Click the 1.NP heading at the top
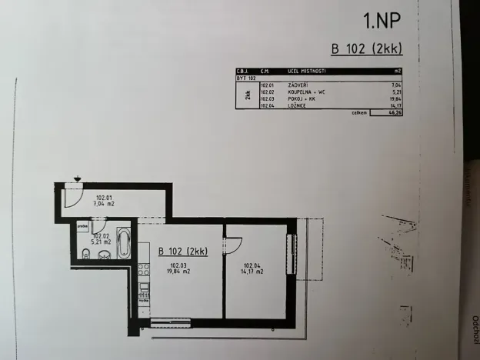click(382, 18)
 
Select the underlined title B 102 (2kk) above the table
click(367, 49)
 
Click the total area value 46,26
click(396, 112)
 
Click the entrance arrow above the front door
click(78, 180)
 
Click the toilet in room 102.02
click(85, 255)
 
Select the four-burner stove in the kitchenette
click(142, 268)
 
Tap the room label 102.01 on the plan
click(105, 198)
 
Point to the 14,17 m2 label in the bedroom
click(253, 272)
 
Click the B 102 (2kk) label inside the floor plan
click(183, 251)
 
